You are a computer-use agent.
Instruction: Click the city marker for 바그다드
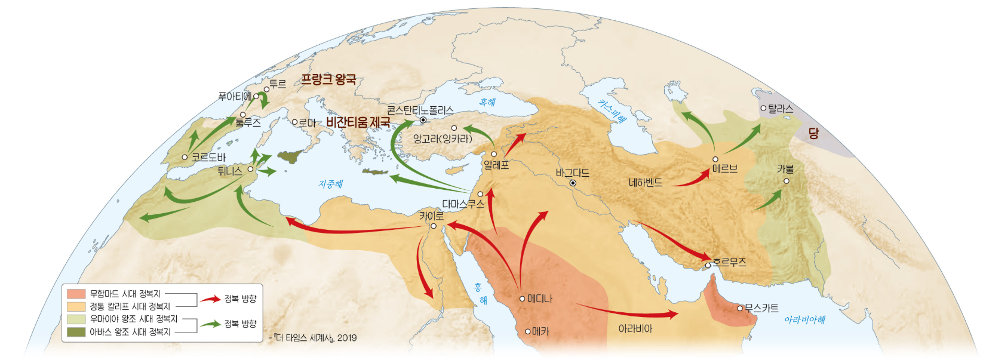tap(573, 183)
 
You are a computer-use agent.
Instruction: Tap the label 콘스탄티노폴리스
tap(420, 110)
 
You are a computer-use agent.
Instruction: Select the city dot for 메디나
tap(523, 299)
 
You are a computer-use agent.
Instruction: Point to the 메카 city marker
tap(528, 331)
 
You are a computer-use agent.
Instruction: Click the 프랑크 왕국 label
tap(328, 79)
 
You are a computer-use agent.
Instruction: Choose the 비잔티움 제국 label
tap(358, 122)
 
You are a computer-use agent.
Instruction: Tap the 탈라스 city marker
tap(763, 108)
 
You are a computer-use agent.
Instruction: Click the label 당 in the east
tap(813, 133)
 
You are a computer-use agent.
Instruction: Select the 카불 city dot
tap(787, 181)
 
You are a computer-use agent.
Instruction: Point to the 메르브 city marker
tap(715, 159)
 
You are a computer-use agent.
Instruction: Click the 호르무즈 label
tap(729, 262)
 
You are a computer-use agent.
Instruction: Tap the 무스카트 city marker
tap(740, 308)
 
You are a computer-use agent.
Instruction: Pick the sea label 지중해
tap(330, 184)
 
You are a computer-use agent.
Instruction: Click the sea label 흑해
tap(487, 103)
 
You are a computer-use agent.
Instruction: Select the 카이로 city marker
tap(434, 226)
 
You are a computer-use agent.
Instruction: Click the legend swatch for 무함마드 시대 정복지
tap(76, 294)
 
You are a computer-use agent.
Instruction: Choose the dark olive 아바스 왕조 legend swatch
tap(76, 332)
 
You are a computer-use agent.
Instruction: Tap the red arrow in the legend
tap(210, 299)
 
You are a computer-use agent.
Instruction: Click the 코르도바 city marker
tap(185, 158)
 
